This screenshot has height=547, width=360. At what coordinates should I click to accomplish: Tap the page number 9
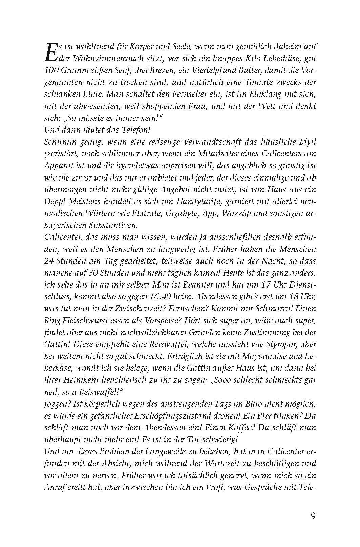313,516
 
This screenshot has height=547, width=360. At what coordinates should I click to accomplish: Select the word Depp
54,201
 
